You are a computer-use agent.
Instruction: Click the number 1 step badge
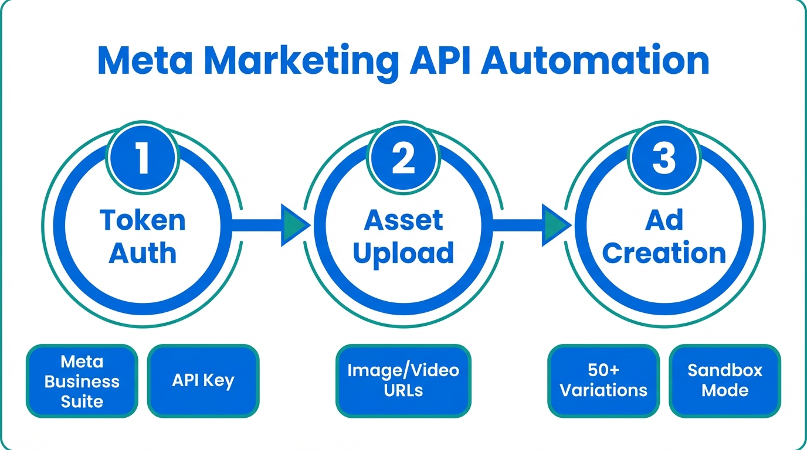[x=143, y=158]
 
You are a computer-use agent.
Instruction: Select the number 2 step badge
[x=403, y=158]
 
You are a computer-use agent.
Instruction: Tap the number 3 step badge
[x=663, y=158]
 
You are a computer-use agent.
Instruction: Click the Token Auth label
[x=143, y=237]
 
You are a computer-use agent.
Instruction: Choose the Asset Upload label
[x=403, y=237]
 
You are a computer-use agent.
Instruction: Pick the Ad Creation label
[x=664, y=237]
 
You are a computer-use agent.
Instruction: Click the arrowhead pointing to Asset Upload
[x=296, y=223]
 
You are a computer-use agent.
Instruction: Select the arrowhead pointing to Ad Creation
[x=556, y=223]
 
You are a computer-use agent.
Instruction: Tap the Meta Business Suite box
[x=82, y=381]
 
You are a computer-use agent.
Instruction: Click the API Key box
[x=203, y=381]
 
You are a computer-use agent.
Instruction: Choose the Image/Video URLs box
[x=403, y=380]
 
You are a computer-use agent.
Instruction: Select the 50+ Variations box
[x=603, y=380]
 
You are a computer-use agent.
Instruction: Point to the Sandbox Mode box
[x=725, y=380]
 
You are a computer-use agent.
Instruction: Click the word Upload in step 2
[x=403, y=253]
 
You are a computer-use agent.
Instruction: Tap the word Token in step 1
[x=143, y=220]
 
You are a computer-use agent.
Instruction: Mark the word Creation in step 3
[x=664, y=253]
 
